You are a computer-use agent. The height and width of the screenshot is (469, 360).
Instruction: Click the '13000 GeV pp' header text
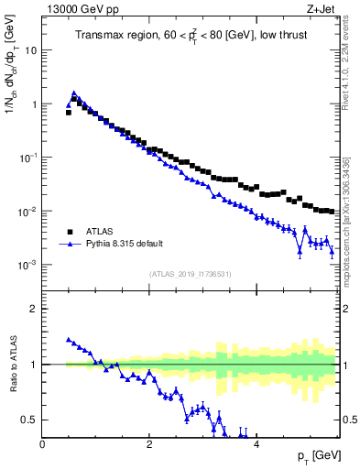pos(80,10)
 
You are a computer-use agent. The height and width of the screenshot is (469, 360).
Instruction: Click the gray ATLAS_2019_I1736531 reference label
pos(191,274)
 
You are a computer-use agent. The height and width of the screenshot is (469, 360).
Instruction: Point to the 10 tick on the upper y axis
pos(30,50)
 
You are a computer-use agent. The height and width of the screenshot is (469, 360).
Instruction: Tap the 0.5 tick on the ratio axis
pos(30,420)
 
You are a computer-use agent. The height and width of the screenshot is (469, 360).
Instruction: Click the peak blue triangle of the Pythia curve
pos(73,93)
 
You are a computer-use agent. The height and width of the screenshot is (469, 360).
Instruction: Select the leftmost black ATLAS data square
pos(69,113)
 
